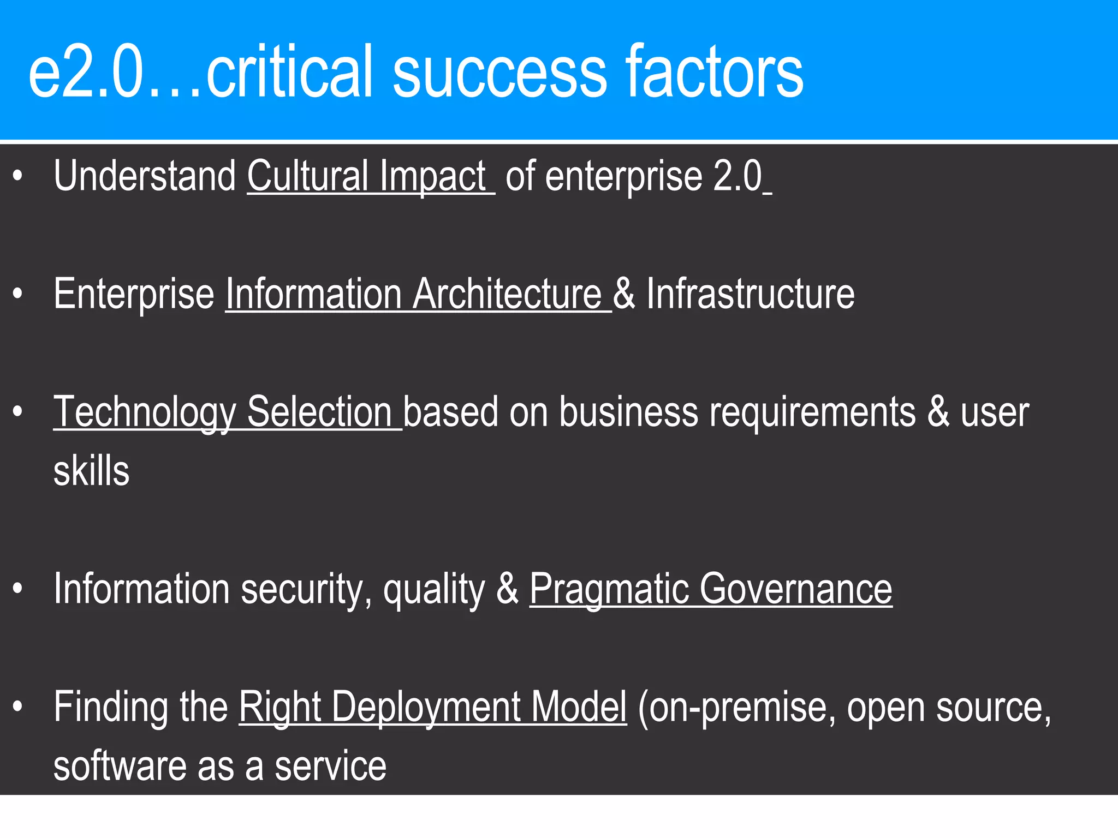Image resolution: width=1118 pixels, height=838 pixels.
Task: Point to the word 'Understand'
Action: pos(145,177)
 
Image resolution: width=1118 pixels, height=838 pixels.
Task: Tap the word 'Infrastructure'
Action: pos(751,295)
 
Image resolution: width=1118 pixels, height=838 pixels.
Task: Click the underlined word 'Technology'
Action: pos(145,413)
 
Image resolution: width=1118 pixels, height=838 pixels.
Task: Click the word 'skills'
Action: pos(92,471)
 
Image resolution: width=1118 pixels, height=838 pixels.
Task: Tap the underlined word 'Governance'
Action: pos(795,590)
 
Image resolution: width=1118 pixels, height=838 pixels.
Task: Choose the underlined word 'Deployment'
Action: pos(426,708)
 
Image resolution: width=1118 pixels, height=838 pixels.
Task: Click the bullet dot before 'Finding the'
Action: pos(18,707)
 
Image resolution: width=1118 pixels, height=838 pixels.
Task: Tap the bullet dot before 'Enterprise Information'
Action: pos(18,294)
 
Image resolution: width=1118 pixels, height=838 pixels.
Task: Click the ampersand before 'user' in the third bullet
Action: pos(938,413)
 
